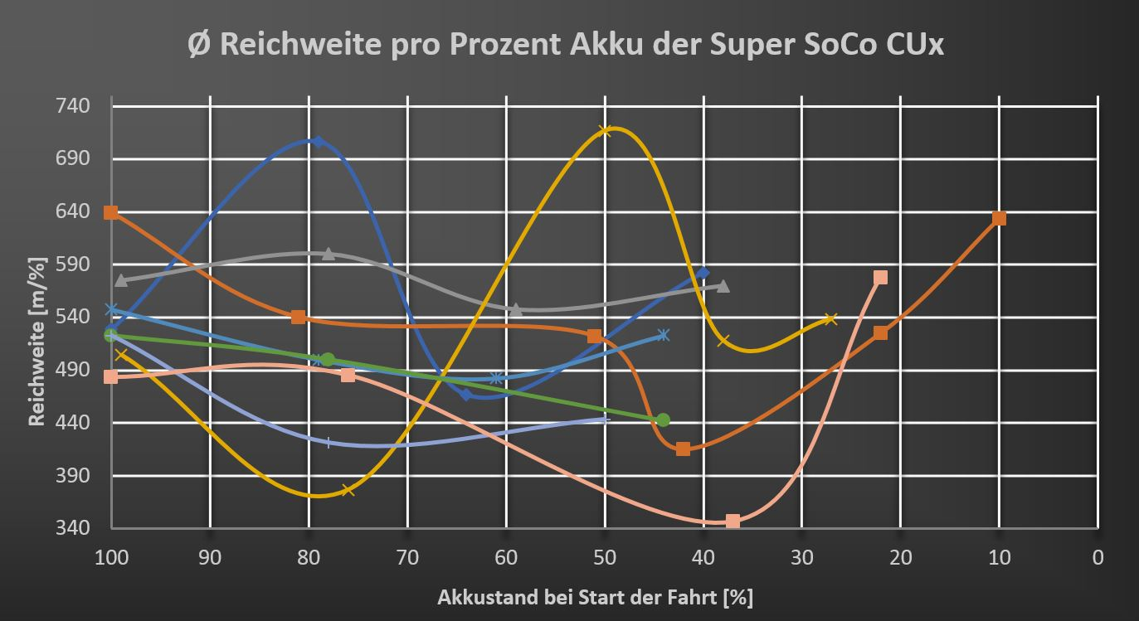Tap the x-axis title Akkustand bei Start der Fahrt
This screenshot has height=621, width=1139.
click(596, 597)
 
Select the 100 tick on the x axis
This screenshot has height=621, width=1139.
click(111, 557)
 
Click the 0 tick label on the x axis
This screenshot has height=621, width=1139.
click(1098, 557)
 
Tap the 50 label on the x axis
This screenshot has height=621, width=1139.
click(605, 557)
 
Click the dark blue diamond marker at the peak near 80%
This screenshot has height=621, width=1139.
click(318, 142)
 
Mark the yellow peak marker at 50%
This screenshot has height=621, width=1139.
click(605, 130)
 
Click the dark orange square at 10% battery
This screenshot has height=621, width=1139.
click(999, 218)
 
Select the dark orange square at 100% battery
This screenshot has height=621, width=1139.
click(111, 213)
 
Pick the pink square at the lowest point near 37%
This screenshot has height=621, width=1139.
click(733, 521)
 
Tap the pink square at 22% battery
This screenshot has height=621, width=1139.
click(880, 277)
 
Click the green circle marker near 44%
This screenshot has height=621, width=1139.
click(663, 420)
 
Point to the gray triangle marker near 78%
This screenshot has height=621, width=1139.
click(329, 254)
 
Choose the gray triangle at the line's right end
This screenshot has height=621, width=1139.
click(723, 286)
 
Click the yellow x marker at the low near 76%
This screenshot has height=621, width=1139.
click(348, 490)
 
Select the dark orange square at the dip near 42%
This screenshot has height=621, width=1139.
click(683, 449)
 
